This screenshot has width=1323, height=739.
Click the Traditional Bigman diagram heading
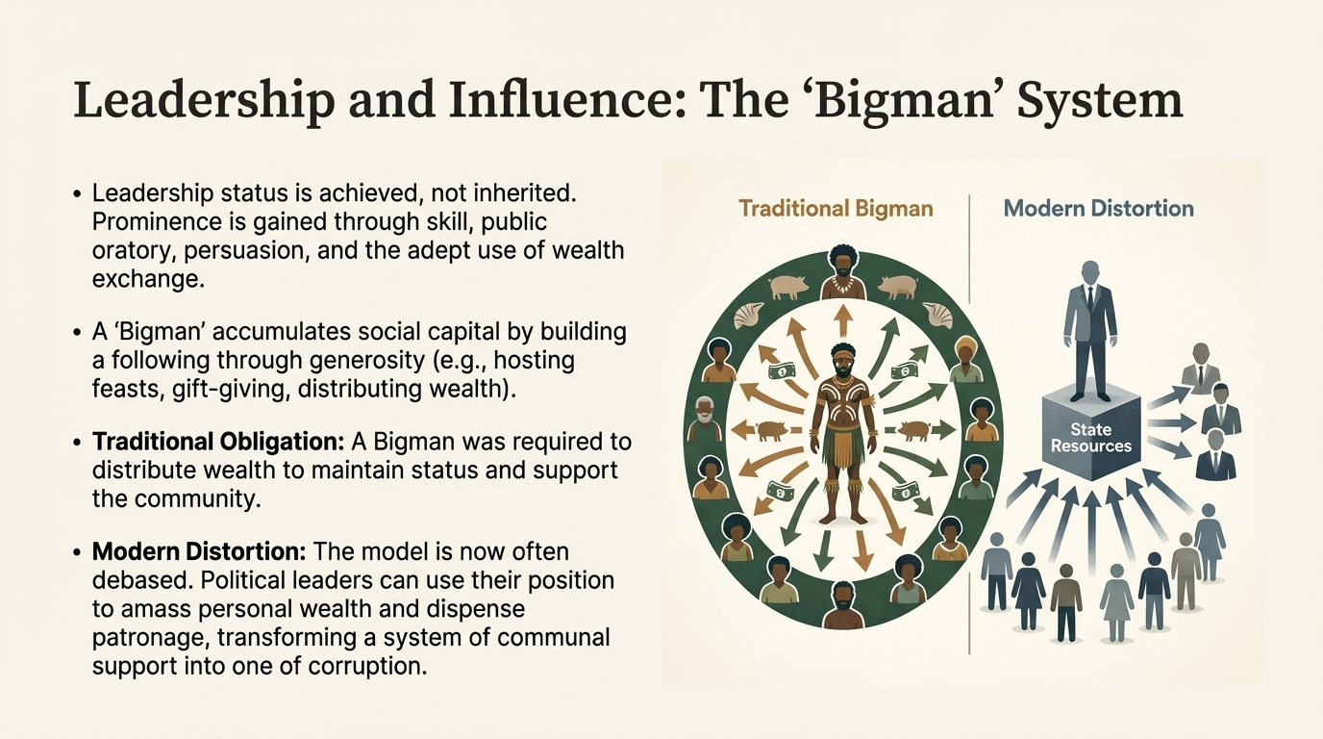tap(836, 209)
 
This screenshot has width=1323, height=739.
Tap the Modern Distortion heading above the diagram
tap(1098, 208)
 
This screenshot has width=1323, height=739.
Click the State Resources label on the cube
tap(1090, 438)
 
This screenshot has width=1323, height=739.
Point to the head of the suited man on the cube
tap(1090, 273)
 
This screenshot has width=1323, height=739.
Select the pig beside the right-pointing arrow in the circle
tap(914, 430)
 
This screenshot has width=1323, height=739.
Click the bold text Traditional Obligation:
tap(217, 442)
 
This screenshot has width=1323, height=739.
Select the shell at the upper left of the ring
tap(749, 316)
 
